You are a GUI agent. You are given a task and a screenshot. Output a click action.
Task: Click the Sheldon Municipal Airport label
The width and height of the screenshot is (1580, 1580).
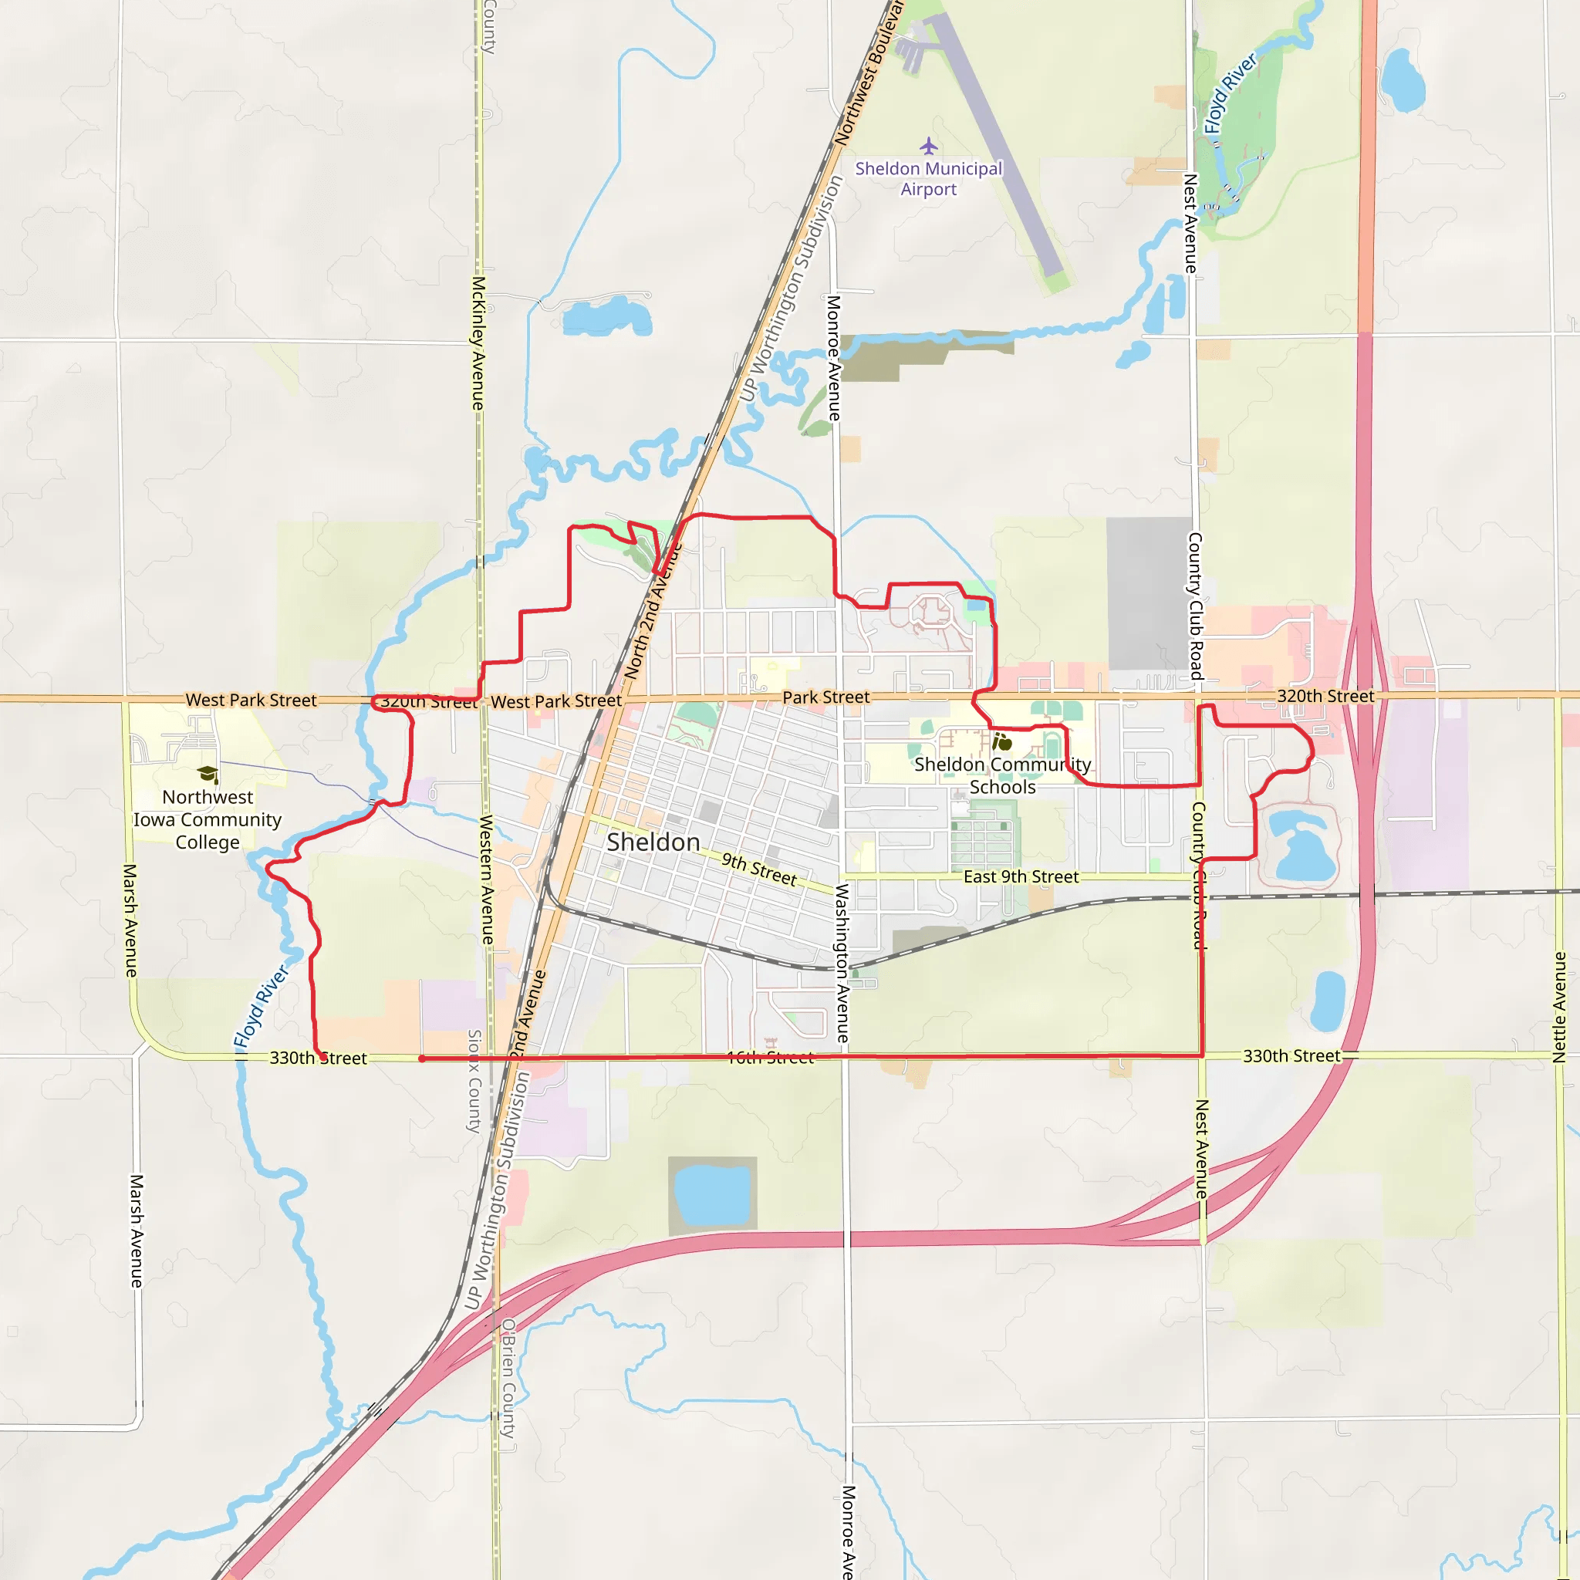928,179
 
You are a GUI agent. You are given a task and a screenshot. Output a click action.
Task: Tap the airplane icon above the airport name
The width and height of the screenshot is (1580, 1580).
928,147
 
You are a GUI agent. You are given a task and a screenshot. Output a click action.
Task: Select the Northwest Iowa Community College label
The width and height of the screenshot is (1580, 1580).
208,819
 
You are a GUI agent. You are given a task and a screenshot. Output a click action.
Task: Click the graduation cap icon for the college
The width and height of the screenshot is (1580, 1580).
208,774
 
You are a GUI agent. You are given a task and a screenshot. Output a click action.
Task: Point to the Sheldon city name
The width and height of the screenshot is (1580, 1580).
653,842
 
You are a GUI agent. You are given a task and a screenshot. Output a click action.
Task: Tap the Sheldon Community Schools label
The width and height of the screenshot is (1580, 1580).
1003,775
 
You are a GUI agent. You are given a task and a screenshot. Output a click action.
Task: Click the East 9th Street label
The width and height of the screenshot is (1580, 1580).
1021,876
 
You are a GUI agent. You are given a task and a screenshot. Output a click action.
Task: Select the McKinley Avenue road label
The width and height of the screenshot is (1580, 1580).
478,343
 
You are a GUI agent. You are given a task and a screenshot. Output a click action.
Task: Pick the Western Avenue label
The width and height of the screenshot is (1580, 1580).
487,879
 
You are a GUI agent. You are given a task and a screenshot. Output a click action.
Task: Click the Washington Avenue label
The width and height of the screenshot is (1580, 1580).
842,963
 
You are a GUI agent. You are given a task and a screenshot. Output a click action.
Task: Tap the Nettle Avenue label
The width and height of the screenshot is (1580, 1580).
1558,1008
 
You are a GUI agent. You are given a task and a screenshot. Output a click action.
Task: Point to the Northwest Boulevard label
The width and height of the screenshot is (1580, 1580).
869,73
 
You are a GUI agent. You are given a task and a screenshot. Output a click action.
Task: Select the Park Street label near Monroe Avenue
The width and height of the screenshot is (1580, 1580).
826,697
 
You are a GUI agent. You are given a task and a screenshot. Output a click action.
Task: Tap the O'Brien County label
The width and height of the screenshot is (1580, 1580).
508,1378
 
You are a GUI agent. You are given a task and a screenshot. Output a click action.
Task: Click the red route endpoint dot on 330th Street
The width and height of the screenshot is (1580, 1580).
422,1058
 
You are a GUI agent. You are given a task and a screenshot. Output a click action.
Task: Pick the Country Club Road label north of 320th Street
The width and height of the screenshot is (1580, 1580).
1195,606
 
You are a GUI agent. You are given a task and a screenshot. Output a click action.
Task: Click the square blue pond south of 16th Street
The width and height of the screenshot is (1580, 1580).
712,1195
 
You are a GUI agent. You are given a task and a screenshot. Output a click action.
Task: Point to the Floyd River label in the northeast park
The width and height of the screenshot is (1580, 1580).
1230,94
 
